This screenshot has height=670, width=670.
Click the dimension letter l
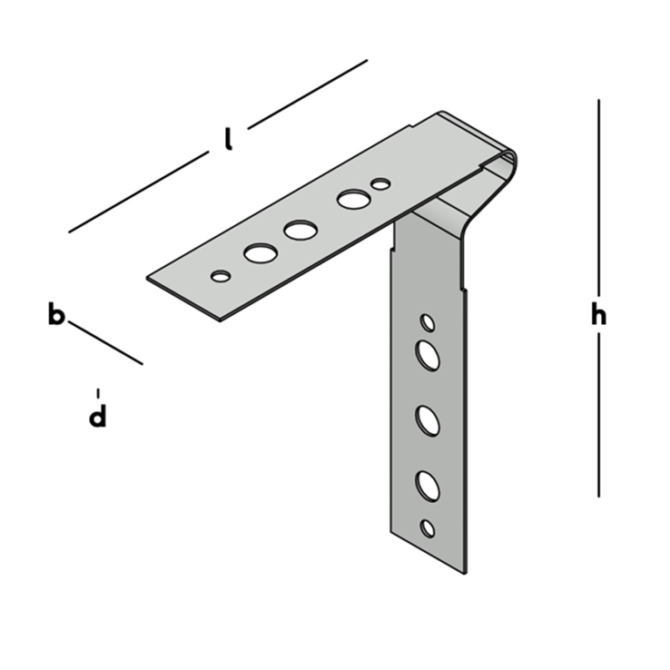(x=229, y=139)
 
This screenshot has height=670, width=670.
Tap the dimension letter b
(x=56, y=315)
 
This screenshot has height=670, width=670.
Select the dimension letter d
(x=98, y=417)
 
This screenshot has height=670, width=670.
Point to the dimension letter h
(x=597, y=315)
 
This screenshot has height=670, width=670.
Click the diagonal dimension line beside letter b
(x=106, y=342)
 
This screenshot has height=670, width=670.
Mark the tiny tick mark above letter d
(x=98, y=392)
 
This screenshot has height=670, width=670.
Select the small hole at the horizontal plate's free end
(x=221, y=275)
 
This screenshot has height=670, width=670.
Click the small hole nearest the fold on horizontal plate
(x=380, y=184)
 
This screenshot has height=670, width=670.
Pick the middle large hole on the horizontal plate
(x=300, y=231)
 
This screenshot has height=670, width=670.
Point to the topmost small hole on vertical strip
(x=428, y=322)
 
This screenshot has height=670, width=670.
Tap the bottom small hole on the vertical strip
(x=428, y=527)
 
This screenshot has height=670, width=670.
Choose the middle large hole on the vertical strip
(x=428, y=420)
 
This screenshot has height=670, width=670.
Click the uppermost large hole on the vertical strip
(x=428, y=354)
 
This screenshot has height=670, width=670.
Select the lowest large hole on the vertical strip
(x=428, y=487)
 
